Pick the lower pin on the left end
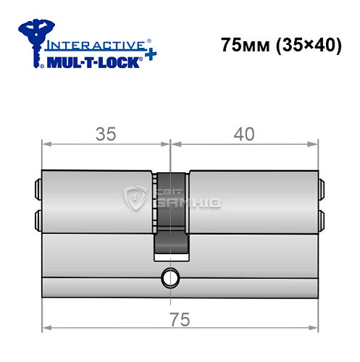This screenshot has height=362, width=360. click(37, 219)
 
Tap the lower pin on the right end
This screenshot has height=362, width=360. click(321, 219)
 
